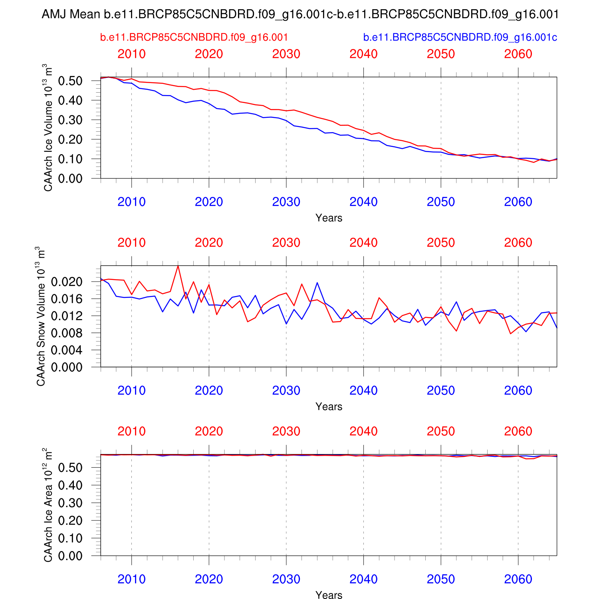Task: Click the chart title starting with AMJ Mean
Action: pos(299,15)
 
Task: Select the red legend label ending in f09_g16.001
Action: pos(194,38)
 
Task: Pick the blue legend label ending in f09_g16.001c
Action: pos(460,38)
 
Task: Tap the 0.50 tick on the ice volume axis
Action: pos(70,81)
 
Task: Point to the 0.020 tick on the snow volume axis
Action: pos(67,282)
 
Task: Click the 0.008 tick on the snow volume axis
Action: pos(67,333)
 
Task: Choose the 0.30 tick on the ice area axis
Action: pos(70,503)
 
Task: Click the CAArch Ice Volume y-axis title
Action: pos(48,128)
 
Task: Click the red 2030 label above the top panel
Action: pos(286,54)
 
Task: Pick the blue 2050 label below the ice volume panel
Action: pos(441,202)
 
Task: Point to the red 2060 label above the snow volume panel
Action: pos(518,243)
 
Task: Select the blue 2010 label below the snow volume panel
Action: pos(131,391)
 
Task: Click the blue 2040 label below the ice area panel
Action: pos(363,579)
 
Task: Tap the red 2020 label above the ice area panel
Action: pos(209,431)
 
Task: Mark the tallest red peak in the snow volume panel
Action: pos(178,266)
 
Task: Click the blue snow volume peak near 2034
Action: pos(317,283)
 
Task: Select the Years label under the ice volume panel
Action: pos(329,218)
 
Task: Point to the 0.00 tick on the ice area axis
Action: pos(70,555)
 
